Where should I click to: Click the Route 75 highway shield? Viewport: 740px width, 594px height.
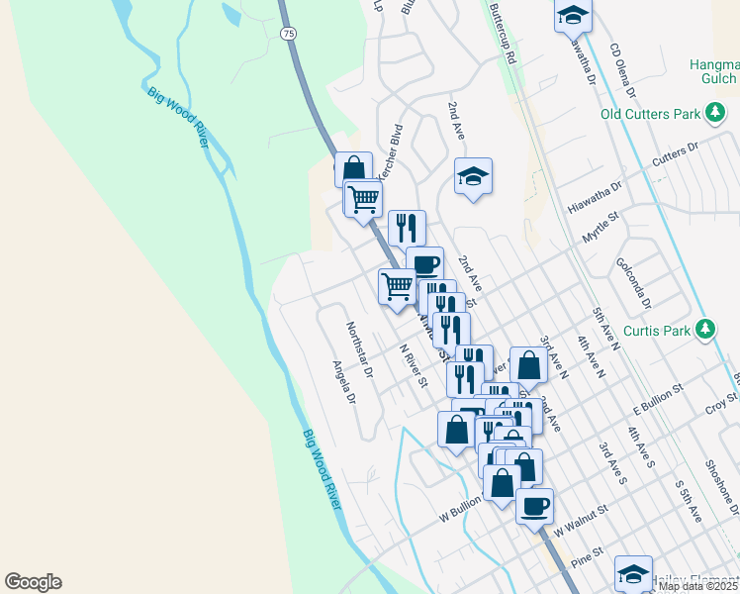point(288,34)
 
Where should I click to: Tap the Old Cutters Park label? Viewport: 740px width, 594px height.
point(650,114)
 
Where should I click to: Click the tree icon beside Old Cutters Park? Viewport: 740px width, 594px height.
point(714,114)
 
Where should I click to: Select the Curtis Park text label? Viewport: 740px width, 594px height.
point(662,330)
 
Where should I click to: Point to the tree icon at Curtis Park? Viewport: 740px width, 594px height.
point(704,329)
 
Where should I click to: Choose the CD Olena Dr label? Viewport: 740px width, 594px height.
point(622,71)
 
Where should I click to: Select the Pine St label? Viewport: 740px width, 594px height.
point(587,556)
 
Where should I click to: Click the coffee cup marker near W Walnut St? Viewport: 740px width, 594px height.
point(534,507)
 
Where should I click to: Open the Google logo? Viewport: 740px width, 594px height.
point(33,583)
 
